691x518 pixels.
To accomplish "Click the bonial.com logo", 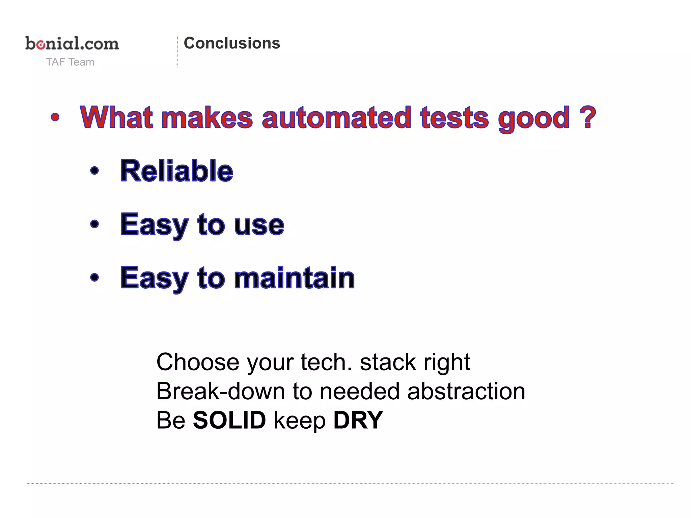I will pyautogui.click(x=72, y=44).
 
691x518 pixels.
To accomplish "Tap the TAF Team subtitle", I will pyautogui.click(x=70, y=62).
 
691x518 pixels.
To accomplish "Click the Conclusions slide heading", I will pyautogui.click(x=232, y=43).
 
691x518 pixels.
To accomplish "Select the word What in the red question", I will pyautogui.click(x=116, y=117).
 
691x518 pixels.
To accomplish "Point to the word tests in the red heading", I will pyautogui.click(x=454, y=117).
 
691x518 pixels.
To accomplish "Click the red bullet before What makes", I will pyautogui.click(x=55, y=118).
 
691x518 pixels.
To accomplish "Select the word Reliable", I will pyautogui.click(x=177, y=171).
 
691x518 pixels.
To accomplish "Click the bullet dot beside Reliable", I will pyautogui.click(x=95, y=171).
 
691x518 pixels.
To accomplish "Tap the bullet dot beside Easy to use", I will pyautogui.click(x=95, y=224).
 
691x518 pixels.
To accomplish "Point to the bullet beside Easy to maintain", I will pyautogui.click(x=95, y=278).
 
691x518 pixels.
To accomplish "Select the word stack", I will pyautogui.click(x=388, y=362).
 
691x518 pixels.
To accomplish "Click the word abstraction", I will pyautogui.click(x=466, y=391).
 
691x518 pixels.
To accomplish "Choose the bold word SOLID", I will pyautogui.click(x=229, y=420).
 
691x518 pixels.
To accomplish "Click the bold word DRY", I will pyautogui.click(x=358, y=420).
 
